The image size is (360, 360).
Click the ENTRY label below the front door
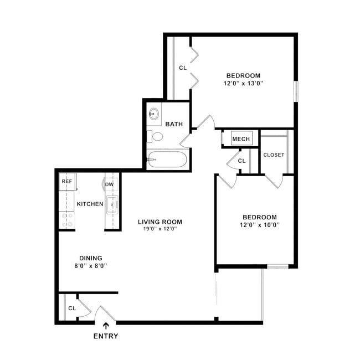pyautogui.click(x=105, y=336)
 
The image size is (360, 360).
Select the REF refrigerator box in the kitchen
pyautogui.click(x=66, y=182)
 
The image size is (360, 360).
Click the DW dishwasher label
pyautogui.click(x=109, y=184)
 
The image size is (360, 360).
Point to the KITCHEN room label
pyautogui.click(x=90, y=204)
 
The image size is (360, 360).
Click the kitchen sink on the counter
pyautogui.click(x=112, y=204)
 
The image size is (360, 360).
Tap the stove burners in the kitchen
pyautogui.click(x=69, y=220)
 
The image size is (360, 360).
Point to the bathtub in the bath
pyautogui.click(x=167, y=160)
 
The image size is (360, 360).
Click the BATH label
pyautogui.click(x=174, y=124)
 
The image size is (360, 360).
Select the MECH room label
pyautogui.click(x=241, y=139)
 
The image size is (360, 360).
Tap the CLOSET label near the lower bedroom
pyautogui.click(x=274, y=155)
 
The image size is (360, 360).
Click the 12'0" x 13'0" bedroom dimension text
pyautogui.click(x=243, y=84)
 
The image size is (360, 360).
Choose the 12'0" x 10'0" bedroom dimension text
pyautogui.click(x=259, y=225)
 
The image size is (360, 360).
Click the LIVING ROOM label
pyautogui.click(x=160, y=222)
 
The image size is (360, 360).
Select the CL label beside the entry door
pyautogui.click(x=72, y=308)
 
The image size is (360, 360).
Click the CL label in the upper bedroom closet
pyautogui.click(x=183, y=68)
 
